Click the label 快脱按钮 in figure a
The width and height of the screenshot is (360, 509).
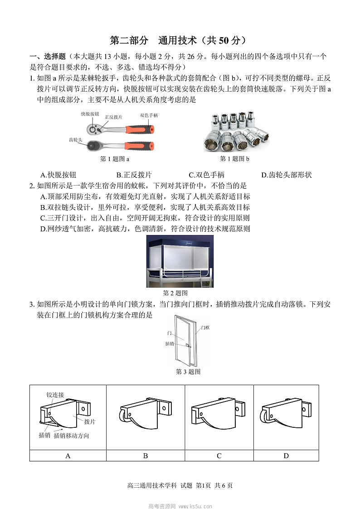[x=90, y=114]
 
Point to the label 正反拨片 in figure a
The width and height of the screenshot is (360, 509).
[x=113, y=117]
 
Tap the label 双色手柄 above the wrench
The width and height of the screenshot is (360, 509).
[x=149, y=116]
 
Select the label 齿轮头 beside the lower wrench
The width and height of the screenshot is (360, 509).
[x=75, y=140]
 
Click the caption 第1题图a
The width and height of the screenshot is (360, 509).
[x=115, y=159]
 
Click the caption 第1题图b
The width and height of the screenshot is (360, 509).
[x=234, y=159]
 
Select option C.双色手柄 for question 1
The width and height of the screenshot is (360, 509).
[x=206, y=175]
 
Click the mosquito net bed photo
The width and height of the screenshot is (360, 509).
[x=180, y=261]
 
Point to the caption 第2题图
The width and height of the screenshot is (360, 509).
[x=175, y=293]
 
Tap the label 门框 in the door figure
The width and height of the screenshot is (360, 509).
[x=205, y=328]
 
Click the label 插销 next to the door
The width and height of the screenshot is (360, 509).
[x=170, y=344]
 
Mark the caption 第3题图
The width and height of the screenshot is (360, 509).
[x=188, y=372]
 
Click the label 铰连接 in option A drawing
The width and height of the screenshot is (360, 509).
[x=55, y=395]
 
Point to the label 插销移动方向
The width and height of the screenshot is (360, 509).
[x=71, y=436]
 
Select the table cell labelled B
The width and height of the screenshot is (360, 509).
[x=146, y=455]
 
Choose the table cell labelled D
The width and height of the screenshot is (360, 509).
[x=286, y=455]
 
